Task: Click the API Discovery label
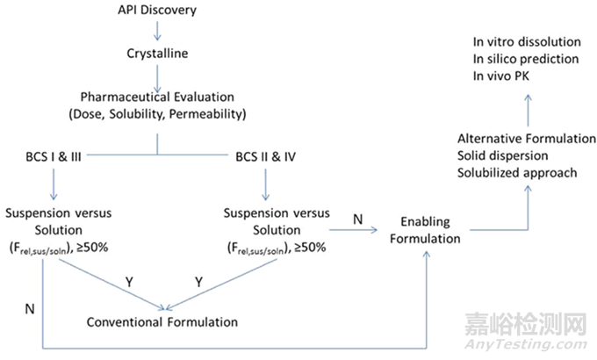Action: [157, 10]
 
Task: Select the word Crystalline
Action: [157, 54]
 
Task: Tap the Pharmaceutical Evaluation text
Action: [157, 97]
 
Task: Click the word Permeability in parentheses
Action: [207, 114]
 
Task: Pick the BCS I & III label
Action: [54, 156]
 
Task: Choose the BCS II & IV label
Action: [265, 156]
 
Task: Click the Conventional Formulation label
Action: [162, 322]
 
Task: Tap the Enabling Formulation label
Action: [425, 230]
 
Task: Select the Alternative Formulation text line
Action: [527, 139]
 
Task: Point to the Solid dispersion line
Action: [502, 155]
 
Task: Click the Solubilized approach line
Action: [517, 173]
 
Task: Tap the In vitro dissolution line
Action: [527, 42]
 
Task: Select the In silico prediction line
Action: [526, 59]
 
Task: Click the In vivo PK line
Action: [501, 76]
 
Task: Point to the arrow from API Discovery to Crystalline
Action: [157, 32]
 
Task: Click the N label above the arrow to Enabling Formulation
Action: [358, 220]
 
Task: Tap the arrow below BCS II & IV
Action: [265, 184]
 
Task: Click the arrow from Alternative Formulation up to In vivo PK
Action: [529, 111]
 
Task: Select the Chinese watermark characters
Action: [526, 324]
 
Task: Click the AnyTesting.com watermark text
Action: [526, 344]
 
